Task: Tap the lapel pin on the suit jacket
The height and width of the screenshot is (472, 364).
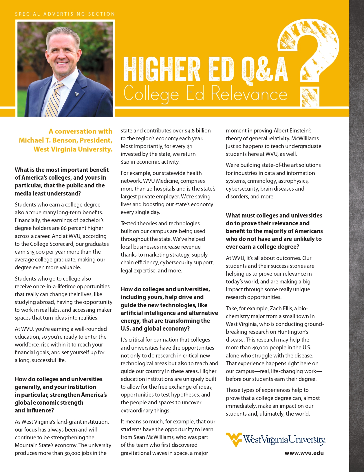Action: pos(77,94)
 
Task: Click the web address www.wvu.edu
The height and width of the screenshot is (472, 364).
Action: pos(304,453)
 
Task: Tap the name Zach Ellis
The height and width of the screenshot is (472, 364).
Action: pos(281,309)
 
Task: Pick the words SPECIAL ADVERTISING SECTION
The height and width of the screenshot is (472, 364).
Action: pos(65,14)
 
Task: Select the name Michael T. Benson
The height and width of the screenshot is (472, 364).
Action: pos(48,140)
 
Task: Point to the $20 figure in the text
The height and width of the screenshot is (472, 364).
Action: pos(125,162)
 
